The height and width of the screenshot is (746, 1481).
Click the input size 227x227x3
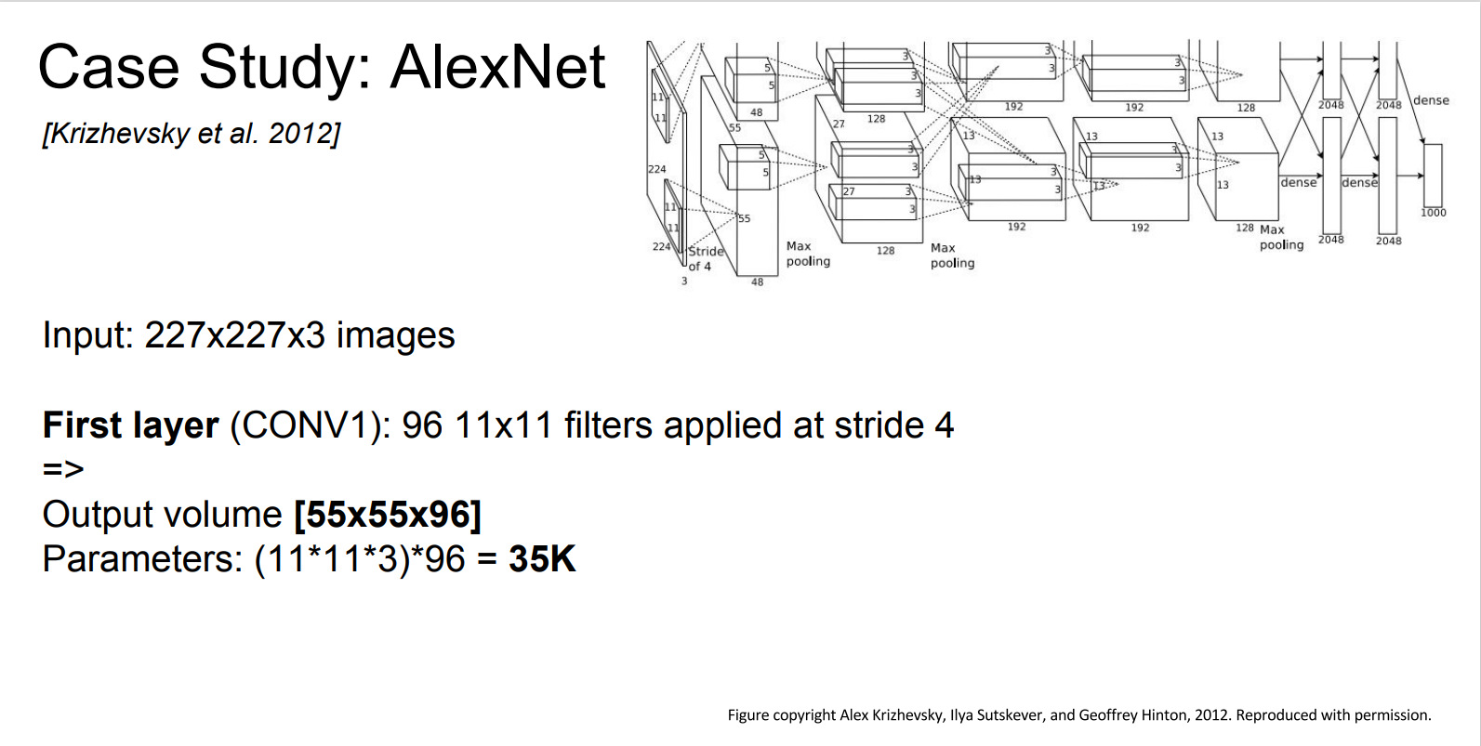[234, 335]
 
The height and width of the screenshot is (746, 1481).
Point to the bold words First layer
[130, 425]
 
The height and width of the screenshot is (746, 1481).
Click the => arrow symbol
[63, 469]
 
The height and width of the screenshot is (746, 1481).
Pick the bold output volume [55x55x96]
[387, 515]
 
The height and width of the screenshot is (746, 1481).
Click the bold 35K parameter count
[542, 559]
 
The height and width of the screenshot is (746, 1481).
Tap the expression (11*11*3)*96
[360, 559]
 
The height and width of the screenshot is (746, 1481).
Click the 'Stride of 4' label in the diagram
[704, 258]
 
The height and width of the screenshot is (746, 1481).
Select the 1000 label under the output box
[1433, 213]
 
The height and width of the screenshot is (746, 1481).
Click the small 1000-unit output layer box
[1433, 175]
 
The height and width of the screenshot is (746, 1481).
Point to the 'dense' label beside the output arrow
[1431, 100]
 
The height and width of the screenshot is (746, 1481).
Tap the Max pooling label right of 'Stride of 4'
[807, 254]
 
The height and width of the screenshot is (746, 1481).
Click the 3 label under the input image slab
[684, 281]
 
